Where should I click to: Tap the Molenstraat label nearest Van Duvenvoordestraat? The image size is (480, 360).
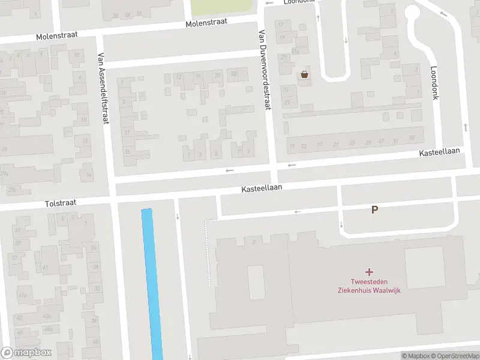(206, 23)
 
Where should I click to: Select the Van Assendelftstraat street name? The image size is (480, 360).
(102, 88)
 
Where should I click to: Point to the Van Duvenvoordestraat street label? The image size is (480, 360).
(262, 70)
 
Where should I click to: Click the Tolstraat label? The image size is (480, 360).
(61, 203)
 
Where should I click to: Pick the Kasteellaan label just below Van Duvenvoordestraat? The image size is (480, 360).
(262, 188)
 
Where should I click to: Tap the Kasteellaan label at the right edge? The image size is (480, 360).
(439, 154)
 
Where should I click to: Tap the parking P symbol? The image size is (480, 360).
(375, 209)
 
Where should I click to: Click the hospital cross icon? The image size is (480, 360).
(369, 272)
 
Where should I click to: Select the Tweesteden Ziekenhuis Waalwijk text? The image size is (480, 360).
(368, 286)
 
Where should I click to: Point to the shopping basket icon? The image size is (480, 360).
(305, 74)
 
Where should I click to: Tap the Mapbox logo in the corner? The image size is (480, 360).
(26, 353)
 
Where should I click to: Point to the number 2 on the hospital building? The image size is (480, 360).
(254, 241)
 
